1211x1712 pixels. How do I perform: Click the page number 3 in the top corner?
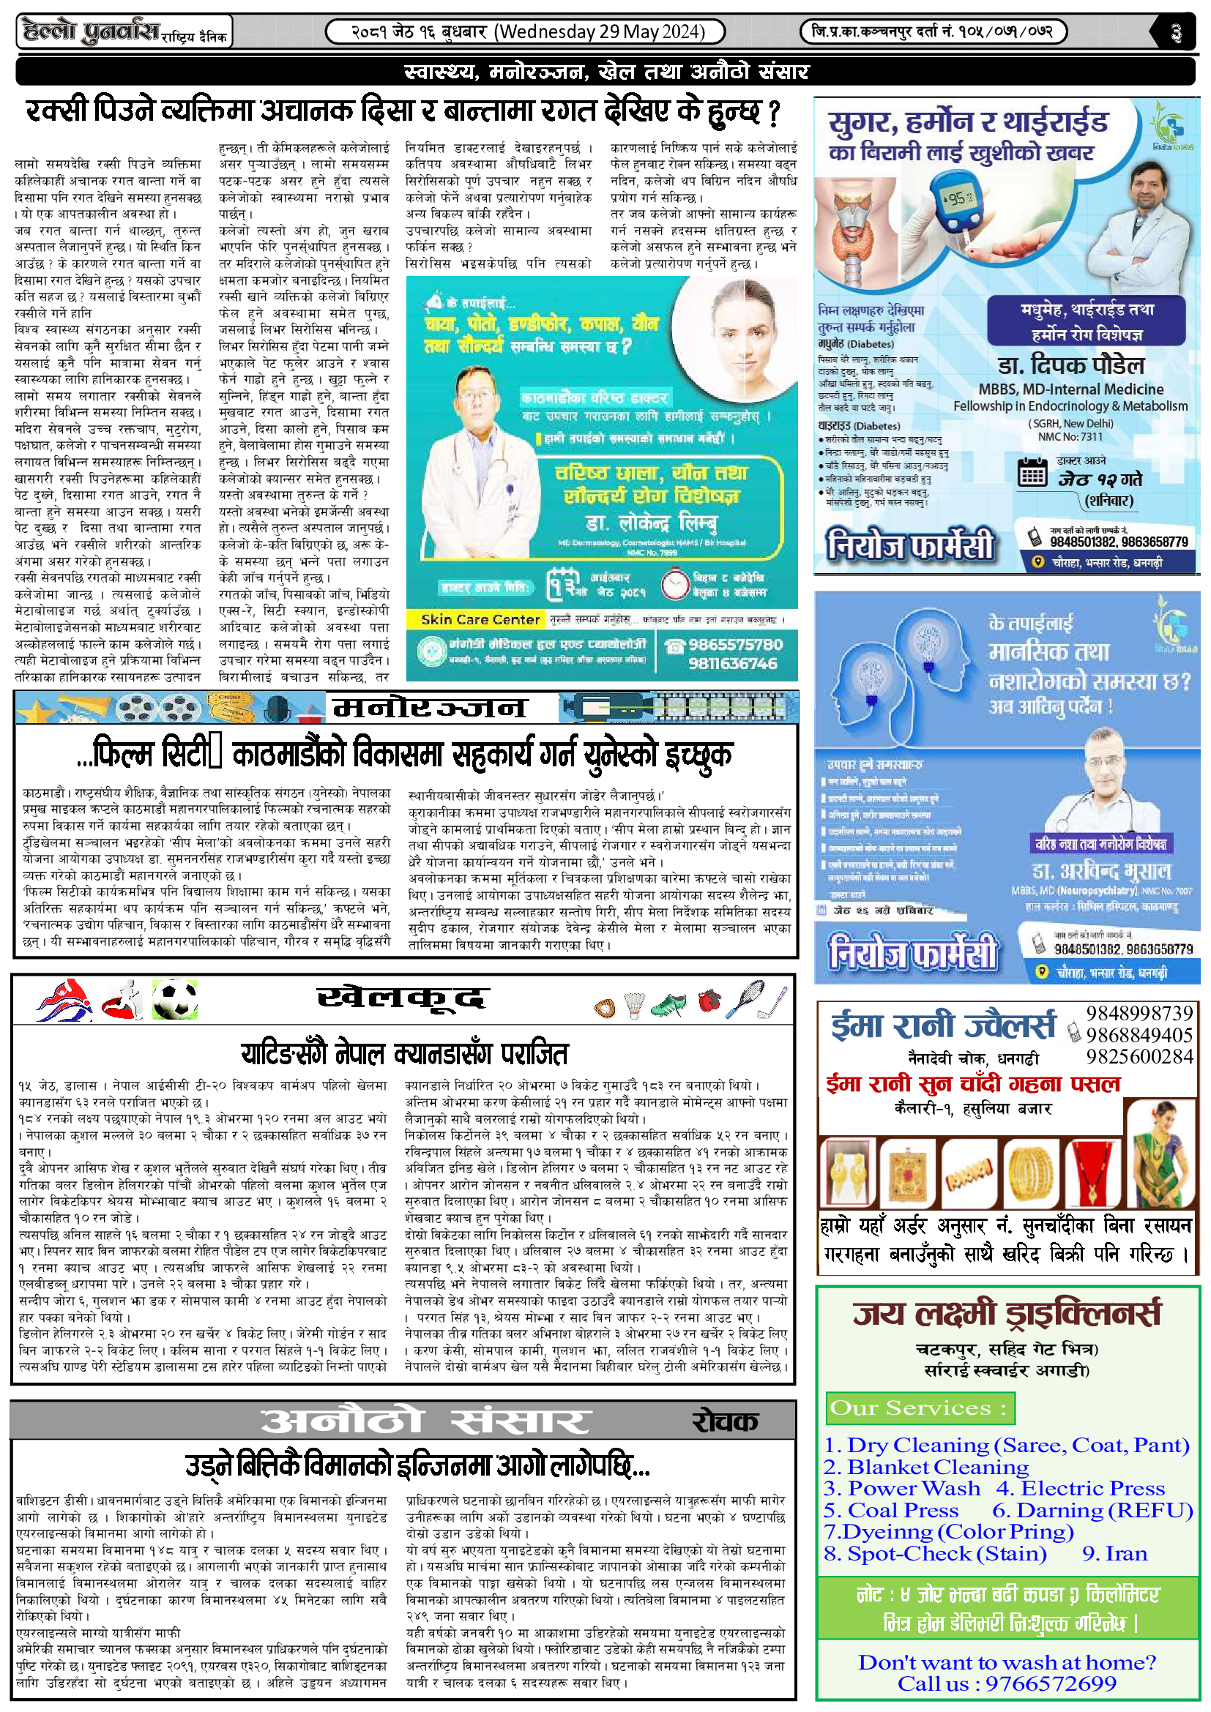coord(1176,33)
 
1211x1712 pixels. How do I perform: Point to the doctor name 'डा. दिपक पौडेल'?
coord(1071,365)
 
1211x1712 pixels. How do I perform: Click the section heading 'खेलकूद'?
coord(403,998)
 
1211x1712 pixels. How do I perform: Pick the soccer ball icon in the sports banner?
coord(174,999)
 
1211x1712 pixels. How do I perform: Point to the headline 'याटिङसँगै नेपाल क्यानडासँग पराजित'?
coord(404,1053)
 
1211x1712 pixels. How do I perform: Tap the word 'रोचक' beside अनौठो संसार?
coord(725,1421)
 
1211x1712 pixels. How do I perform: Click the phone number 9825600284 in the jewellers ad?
coord(1139,1057)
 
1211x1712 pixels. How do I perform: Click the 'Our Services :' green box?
coord(920,1408)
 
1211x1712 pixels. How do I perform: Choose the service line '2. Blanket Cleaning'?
coord(925,1467)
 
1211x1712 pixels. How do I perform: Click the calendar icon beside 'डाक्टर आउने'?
coord(1033,472)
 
